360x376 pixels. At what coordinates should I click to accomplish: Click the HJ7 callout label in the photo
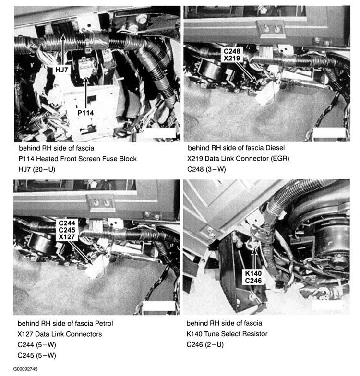click(61, 70)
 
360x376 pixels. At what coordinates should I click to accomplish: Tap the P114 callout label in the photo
click(85, 113)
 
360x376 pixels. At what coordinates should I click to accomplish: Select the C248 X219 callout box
click(231, 55)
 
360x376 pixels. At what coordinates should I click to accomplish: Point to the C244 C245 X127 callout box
click(67, 230)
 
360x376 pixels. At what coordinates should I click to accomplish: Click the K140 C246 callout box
click(253, 277)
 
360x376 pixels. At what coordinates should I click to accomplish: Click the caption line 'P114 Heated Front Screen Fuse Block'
click(78, 159)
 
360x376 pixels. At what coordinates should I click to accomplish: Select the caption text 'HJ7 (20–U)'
click(36, 170)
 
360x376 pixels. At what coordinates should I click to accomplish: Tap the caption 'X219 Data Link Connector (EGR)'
click(238, 158)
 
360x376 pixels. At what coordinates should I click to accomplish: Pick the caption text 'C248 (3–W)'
click(206, 169)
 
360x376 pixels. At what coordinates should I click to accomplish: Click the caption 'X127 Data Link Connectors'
click(60, 334)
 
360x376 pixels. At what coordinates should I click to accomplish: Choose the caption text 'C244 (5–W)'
click(36, 345)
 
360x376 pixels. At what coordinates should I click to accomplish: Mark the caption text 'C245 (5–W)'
click(36, 355)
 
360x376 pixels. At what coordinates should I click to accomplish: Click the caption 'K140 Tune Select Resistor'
click(227, 334)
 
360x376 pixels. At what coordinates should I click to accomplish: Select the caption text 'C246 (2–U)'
click(205, 344)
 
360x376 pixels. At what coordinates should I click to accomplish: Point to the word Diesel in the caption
click(275, 148)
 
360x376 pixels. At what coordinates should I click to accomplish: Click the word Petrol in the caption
click(104, 323)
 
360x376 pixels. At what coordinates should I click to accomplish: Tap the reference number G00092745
click(25, 369)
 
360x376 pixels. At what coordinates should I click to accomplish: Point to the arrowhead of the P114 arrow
click(86, 81)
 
